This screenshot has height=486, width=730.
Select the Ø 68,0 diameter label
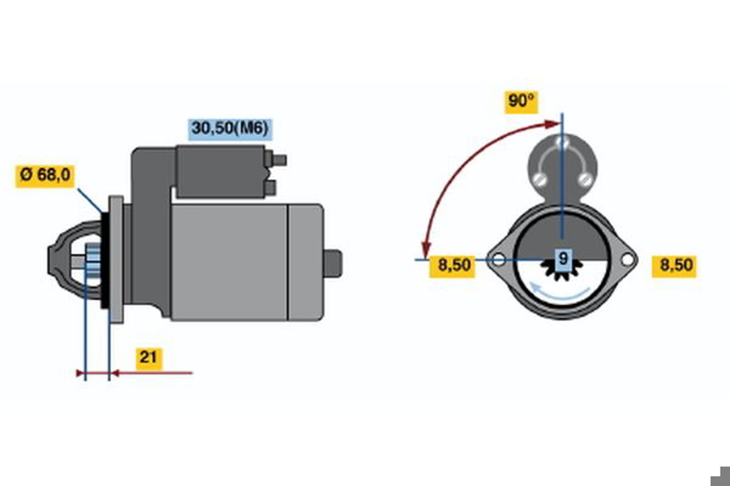coord(45,176)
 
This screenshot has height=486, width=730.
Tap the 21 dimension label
coord(149,359)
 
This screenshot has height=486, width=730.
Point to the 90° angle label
coord(521,102)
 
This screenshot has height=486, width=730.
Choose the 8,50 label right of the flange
coord(674,266)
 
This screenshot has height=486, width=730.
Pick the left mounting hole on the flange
coord(499,259)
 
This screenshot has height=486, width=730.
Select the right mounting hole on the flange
coord(627,259)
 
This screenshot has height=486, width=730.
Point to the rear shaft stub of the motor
coord(333,263)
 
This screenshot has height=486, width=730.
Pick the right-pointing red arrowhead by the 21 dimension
coord(80,373)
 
